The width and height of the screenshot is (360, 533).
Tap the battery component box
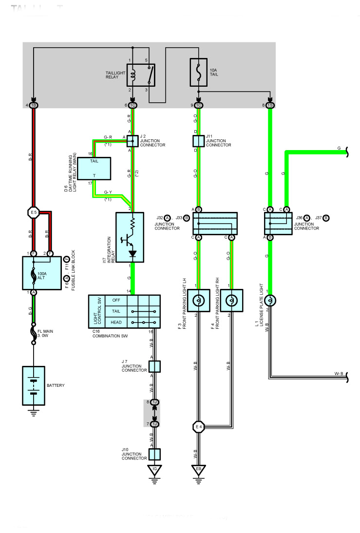pyautogui.click(x=33, y=385)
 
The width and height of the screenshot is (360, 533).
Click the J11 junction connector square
pyautogui.click(x=198, y=141)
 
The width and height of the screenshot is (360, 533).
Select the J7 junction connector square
pyautogui.click(x=154, y=366)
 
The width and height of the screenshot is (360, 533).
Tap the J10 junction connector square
pyautogui.click(x=154, y=455)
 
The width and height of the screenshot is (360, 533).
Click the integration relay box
pyautogui.click(x=130, y=237)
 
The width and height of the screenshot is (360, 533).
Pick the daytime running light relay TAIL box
pyautogui.click(x=95, y=169)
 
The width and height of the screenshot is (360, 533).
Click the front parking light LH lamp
pyautogui.click(x=198, y=301)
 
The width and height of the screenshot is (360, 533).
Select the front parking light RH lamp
pyautogui.click(x=231, y=301)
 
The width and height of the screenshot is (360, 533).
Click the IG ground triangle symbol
pyautogui.click(x=154, y=470)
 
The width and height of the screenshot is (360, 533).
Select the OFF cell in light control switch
pyautogui.click(x=115, y=300)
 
